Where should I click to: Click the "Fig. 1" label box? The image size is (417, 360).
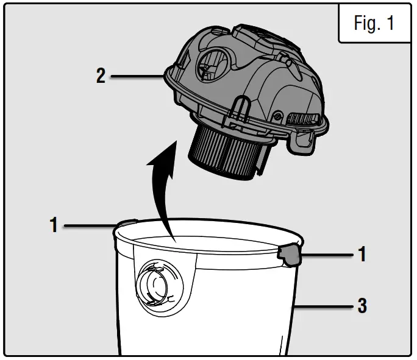374,23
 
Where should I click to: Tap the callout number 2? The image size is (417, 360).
101,77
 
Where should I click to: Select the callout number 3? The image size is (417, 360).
362,305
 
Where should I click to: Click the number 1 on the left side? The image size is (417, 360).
54,225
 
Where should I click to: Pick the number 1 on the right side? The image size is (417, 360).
362,254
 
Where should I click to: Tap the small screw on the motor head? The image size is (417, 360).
277,114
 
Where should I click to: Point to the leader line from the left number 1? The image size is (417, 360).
88,226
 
